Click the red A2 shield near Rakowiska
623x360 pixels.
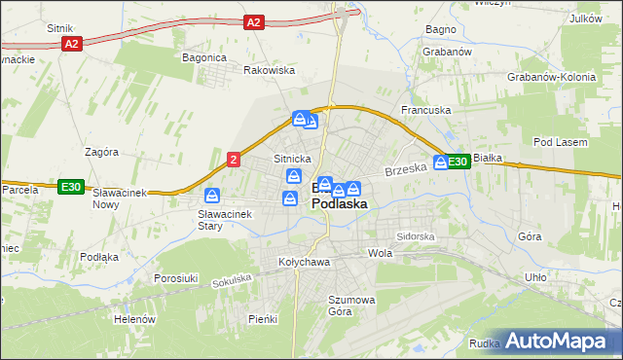click(253, 21)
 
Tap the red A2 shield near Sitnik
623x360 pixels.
click(71, 44)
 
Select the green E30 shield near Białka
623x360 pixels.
click(459, 162)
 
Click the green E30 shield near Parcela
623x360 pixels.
click(69, 186)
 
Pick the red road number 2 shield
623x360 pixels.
click(234, 159)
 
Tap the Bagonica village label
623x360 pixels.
click(204, 57)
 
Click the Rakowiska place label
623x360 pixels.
click(269, 70)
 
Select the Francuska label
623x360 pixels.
click(426, 110)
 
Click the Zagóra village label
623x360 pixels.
click(101, 152)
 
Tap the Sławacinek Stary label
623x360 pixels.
click(224, 219)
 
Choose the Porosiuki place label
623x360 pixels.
click(176, 277)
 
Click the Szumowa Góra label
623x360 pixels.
click(351, 306)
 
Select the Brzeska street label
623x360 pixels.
click(406, 169)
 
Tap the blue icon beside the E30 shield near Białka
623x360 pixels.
click(440, 162)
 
